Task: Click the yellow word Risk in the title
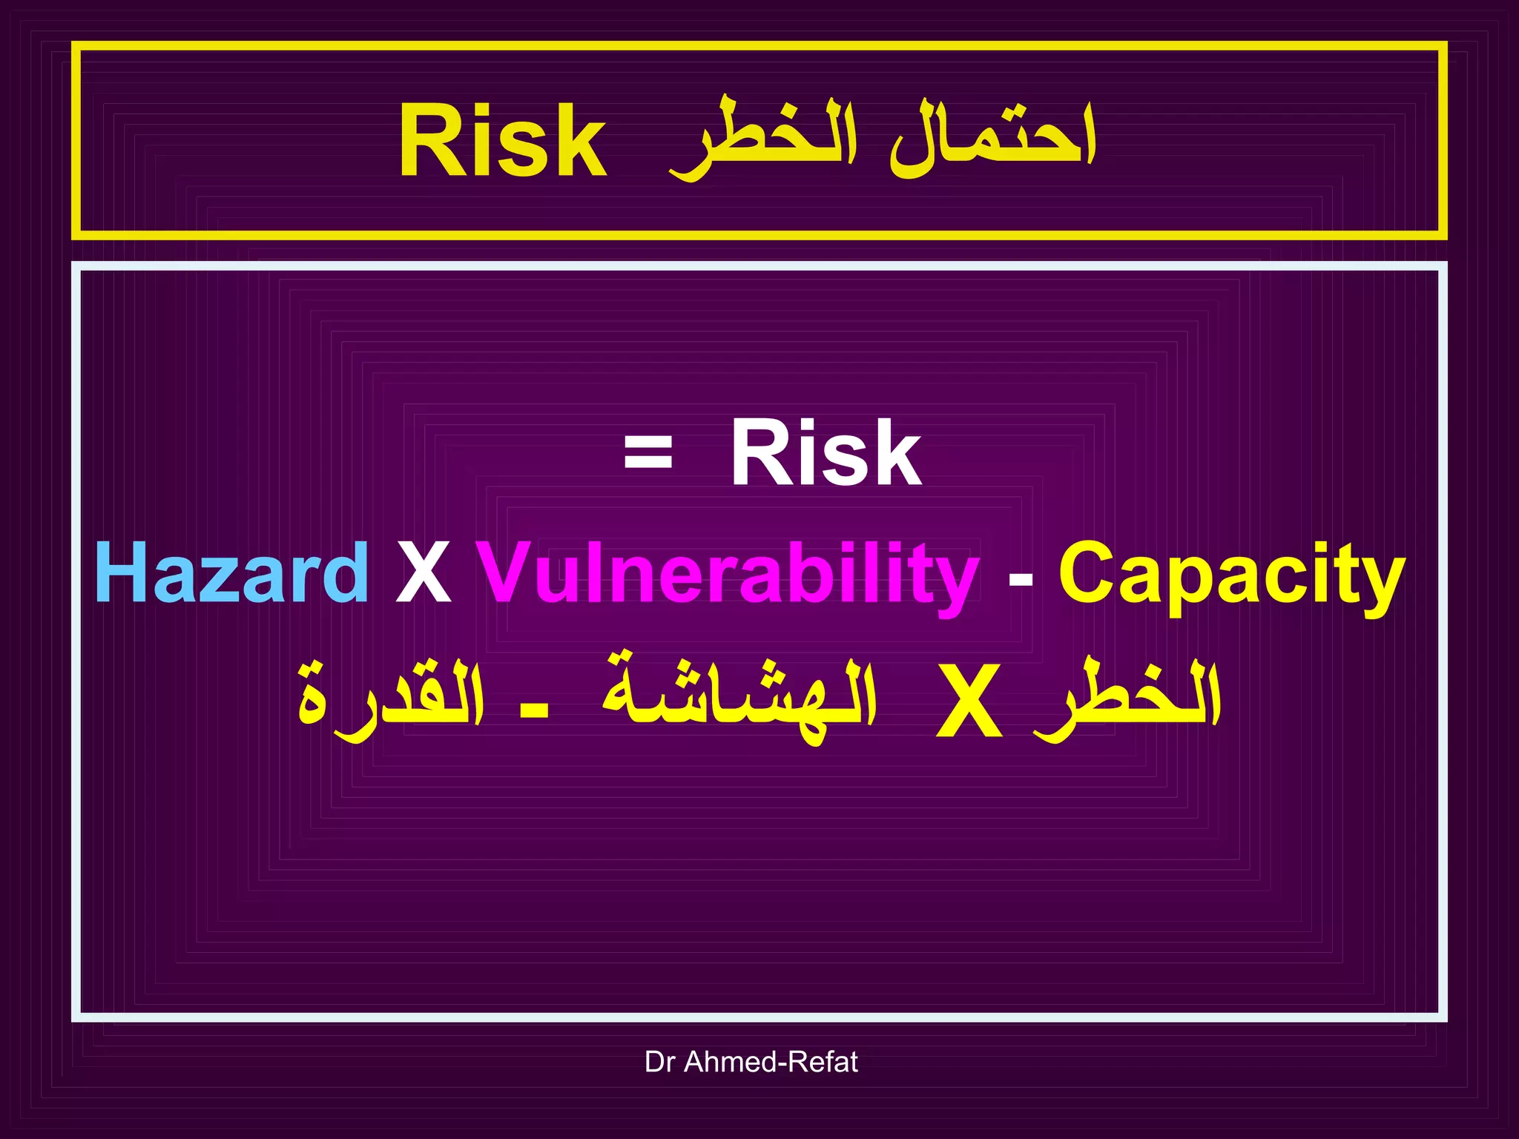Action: click(x=503, y=141)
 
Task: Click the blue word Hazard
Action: click(x=231, y=572)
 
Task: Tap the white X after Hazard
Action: click(x=424, y=574)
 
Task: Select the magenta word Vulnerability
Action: click(x=727, y=574)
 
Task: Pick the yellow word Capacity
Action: click(x=1231, y=574)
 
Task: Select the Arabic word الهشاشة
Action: click(x=739, y=697)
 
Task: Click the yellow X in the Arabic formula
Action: click(x=969, y=701)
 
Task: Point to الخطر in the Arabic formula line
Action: click(x=1127, y=697)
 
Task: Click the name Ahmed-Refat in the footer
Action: click(x=771, y=1062)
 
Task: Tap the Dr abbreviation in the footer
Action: click(x=659, y=1062)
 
